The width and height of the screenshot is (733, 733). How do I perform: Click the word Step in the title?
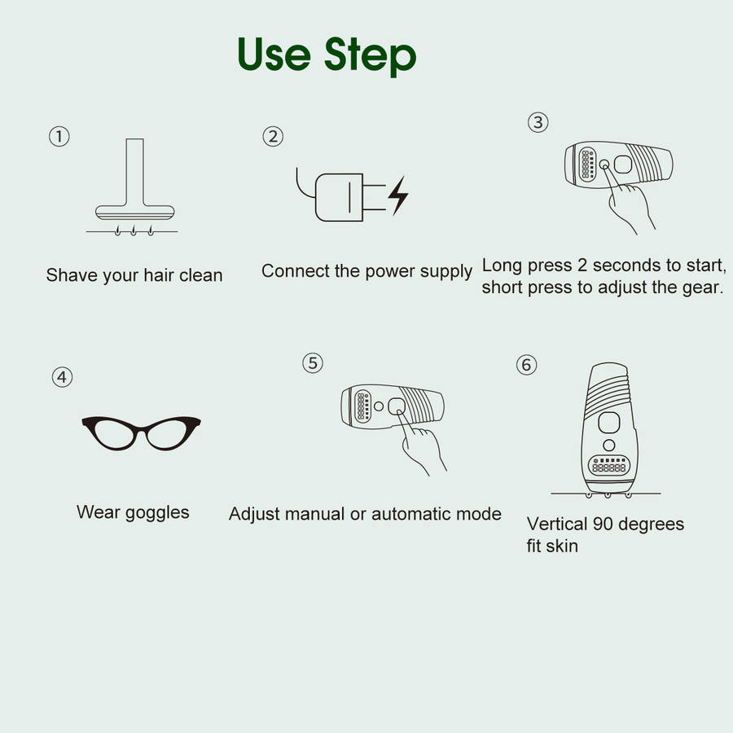coord(371,55)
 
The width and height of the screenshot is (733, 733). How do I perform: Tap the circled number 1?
coord(59,137)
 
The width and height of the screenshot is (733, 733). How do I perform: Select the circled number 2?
coord(273,137)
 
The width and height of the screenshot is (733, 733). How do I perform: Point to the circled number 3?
coord(538,122)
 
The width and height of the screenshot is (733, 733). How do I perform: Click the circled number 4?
coord(62,377)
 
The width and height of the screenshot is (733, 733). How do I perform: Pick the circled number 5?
coord(313,362)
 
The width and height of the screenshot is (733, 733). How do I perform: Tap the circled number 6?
coord(526,365)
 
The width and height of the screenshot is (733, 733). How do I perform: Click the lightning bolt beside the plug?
coord(398,195)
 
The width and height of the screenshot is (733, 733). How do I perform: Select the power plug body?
coord(340,197)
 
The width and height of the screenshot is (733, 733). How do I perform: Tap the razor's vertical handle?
coord(134,172)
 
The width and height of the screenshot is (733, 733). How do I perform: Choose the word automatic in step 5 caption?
coord(411,514)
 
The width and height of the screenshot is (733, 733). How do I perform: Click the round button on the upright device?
coord(608,445)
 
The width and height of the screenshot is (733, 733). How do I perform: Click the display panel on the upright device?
coord(608,466)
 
